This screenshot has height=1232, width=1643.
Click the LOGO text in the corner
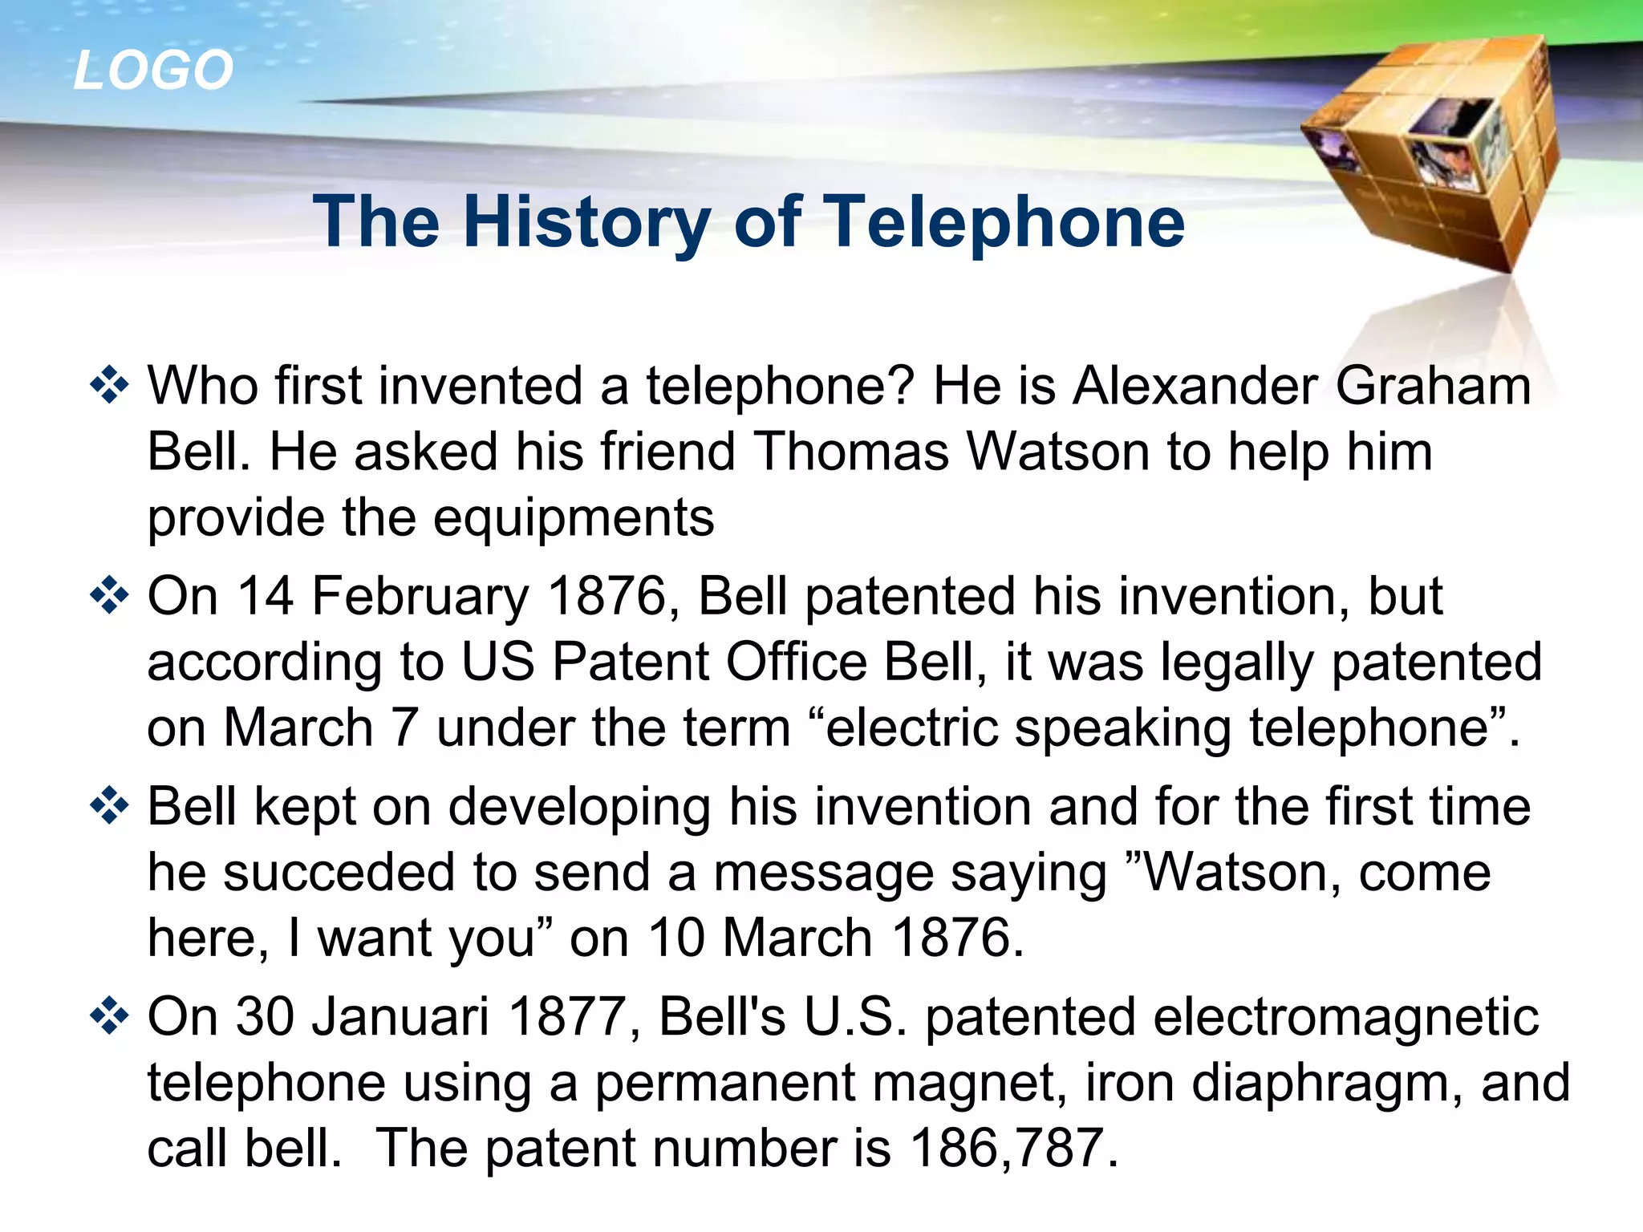coord(153,70)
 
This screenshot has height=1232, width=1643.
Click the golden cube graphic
coord(1436,152)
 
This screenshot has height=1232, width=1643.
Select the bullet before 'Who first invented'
coord(109,386)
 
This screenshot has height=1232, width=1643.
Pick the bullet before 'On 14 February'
coord(109,596)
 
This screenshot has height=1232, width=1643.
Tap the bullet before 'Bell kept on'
coord(109,806)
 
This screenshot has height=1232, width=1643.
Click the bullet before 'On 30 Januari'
coord(109,1016)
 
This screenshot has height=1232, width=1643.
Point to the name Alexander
coord(1195,386)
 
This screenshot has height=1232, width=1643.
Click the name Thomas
coord(851,452)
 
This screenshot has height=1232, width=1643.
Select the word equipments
coord(574,519)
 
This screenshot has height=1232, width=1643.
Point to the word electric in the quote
coord(911,728)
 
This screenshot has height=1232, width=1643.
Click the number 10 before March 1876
coord(679,938)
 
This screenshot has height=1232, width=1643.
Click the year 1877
coord(567,1016)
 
